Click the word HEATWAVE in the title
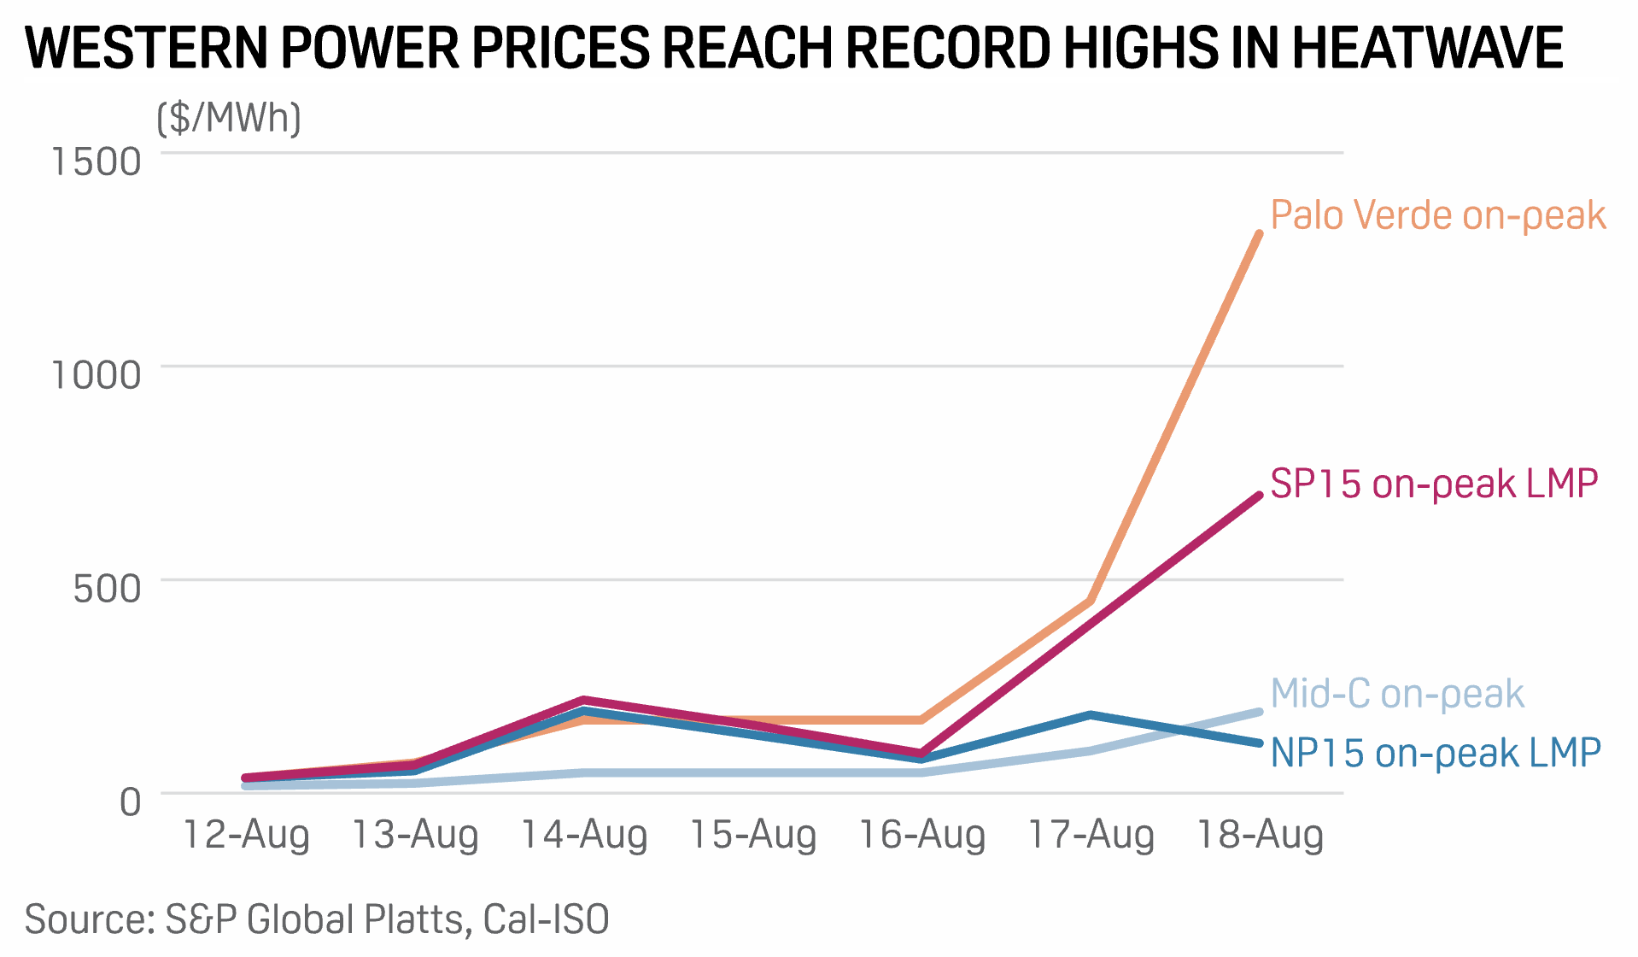coord(1427,48)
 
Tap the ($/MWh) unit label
coord(229,118)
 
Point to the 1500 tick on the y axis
coord(97,161)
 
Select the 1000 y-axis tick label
coord(97,375)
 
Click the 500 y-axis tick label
coord(107,589)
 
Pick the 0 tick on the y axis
coord(130,802)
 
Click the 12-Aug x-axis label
coord(246,835)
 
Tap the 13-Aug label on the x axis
coord(415,835)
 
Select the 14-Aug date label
coord(584,835)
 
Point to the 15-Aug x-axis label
coord(752,835)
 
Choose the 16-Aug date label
coord(921,835)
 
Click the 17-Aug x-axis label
coord(1091,835)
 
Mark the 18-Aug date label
coord(1260,835)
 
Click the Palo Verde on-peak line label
coord(1438,215)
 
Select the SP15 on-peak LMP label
coord(1434,484)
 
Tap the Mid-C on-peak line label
coord(1397,694)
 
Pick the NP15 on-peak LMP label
coord(1436,754)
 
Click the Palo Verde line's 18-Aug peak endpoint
coord(1259,234)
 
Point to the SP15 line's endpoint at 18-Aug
coord(1259,496)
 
